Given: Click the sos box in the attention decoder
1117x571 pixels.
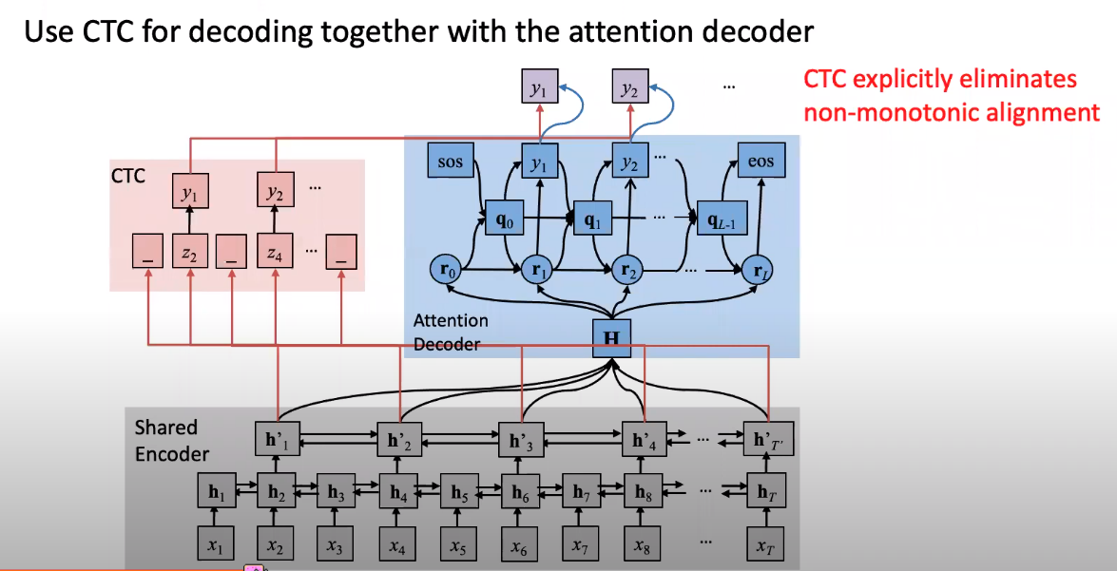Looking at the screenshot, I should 451,162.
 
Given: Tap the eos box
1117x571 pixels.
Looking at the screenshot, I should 761,162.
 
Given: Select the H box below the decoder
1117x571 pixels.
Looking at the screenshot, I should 611,338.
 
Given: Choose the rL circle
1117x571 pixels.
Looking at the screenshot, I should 760,270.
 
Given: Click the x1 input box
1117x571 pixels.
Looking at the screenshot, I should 216,545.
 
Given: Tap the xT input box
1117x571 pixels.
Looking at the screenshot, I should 764,546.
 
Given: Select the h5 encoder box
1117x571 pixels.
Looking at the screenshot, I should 458,493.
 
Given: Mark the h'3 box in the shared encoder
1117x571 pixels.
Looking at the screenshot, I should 521,441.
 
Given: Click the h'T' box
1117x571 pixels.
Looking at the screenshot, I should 765,441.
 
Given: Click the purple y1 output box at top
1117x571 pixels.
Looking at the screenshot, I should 539,89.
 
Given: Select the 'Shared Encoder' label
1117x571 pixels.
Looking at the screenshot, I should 172,440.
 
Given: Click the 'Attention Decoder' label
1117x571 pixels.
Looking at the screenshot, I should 451,332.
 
